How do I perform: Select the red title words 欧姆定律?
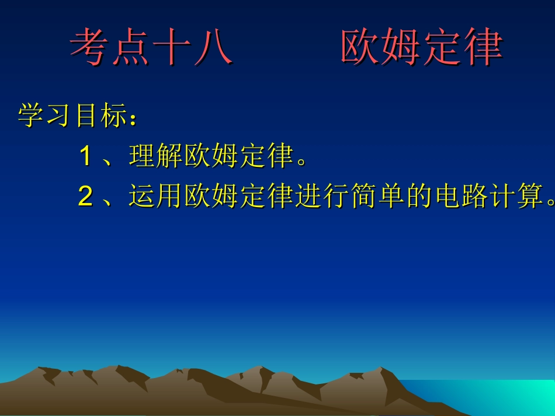421,47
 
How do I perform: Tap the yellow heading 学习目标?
72,116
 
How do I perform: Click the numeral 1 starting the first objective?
85,156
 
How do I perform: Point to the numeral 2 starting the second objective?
85,197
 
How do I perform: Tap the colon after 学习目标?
134,120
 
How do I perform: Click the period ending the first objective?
302,162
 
